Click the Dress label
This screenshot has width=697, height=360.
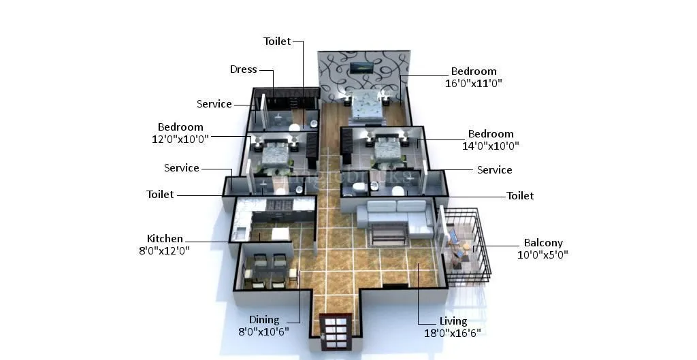point(243,69)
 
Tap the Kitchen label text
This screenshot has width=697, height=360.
point(165,239)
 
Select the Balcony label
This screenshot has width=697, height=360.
point(542,243)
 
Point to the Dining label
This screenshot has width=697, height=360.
point(263,320)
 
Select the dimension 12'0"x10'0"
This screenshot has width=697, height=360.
point(180,138)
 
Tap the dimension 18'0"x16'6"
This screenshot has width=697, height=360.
point(453,333)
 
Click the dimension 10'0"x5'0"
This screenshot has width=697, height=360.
point(542,255)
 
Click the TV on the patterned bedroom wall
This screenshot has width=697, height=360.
point(361,67)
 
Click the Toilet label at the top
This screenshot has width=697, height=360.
point(277,42)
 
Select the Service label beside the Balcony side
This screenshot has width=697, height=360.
point(494,170)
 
